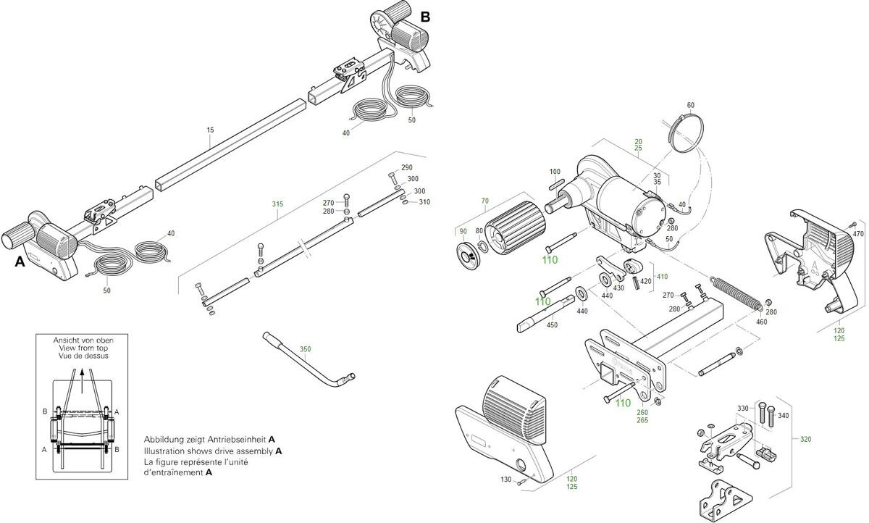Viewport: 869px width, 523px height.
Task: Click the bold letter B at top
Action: tap(425, 17)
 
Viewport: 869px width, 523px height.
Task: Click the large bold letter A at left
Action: tap(20, 262)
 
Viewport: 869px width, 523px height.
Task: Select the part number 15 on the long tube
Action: tap(210, 130)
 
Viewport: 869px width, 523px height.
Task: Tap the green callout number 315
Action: tap(277, 204)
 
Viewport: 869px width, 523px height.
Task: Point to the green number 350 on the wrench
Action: tap(305, 349)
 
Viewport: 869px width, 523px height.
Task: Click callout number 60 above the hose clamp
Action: tap(690, 106)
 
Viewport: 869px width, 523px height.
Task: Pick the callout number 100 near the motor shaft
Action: tap(555, 172)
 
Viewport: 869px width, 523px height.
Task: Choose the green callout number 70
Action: tap(485, 201)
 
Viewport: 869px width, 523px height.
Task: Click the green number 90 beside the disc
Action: tap(461, 231)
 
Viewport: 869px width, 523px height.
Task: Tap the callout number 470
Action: tap(858, 234)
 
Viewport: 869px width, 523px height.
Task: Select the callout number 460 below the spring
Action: tap(761, 322)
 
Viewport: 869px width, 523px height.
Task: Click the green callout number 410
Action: tap(662, 276)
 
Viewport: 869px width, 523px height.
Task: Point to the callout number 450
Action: tap(552, 325)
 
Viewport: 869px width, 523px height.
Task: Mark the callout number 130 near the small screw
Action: tap(505, 480)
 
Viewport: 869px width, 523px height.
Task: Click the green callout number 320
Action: tap(806, 439)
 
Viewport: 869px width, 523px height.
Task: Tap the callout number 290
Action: tap(407, 168)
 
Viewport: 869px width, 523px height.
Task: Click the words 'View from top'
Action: tap(80, 348)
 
